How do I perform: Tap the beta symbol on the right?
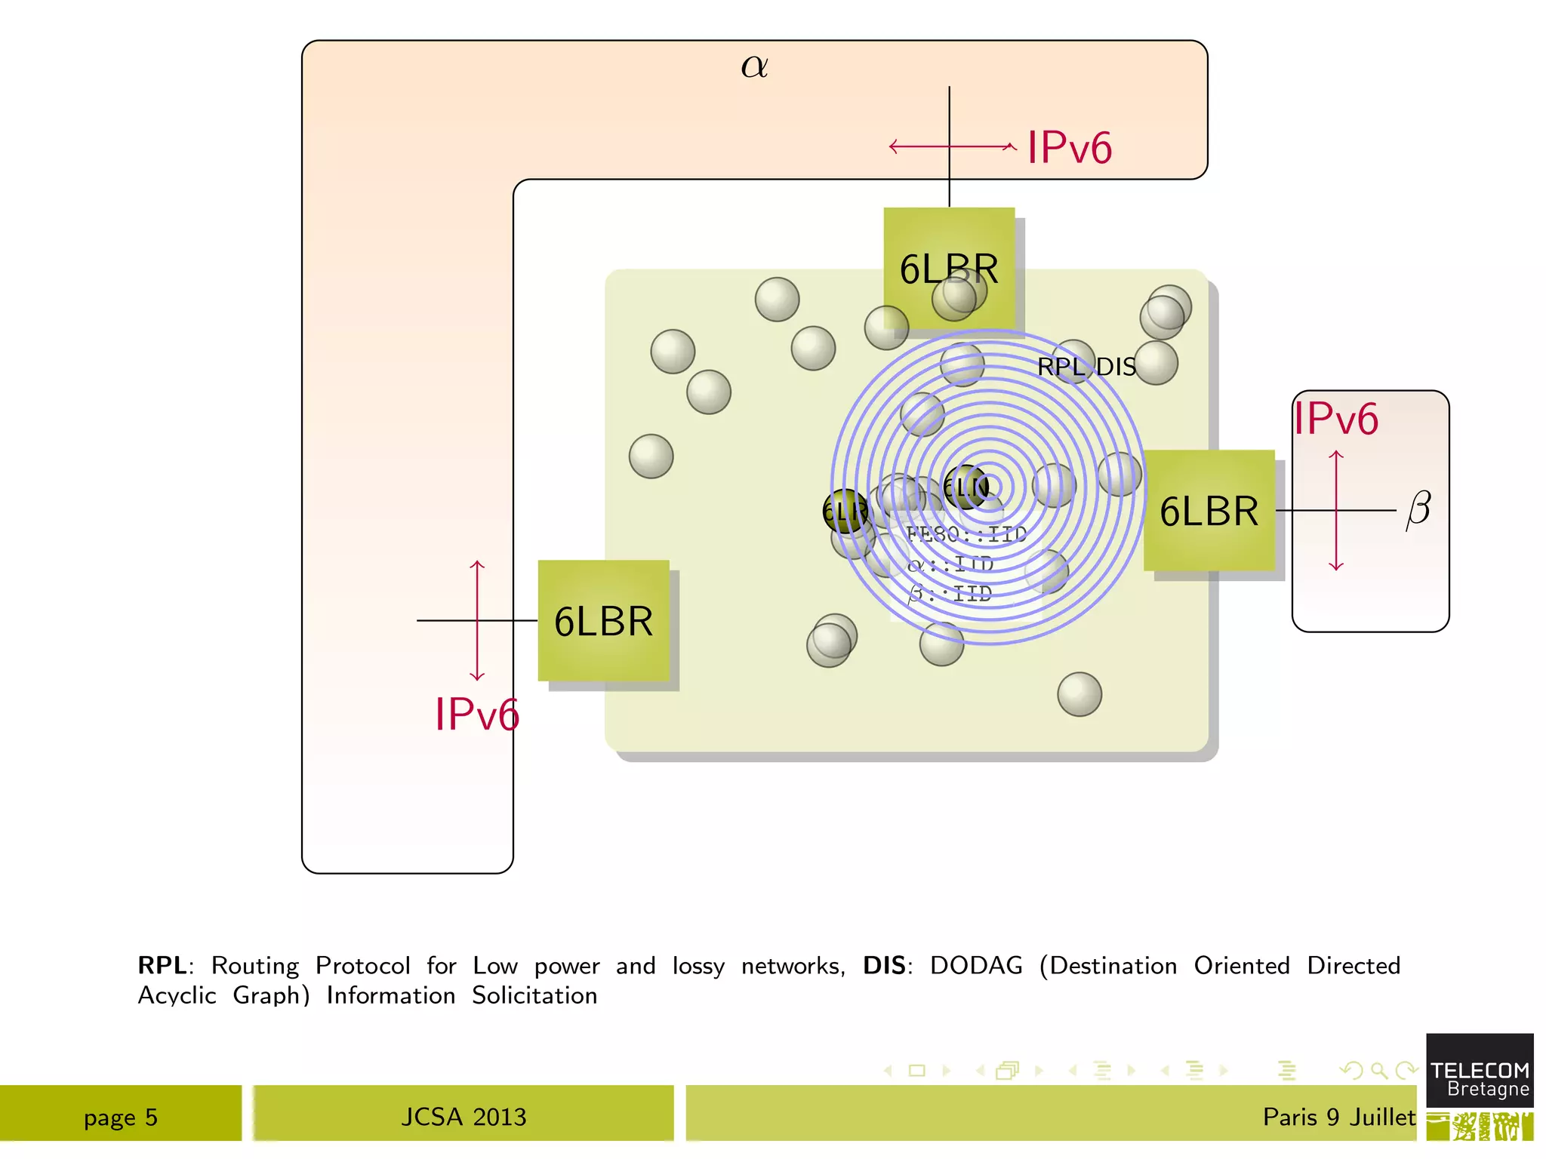[x=1418, y=510]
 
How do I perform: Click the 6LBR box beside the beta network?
[x=1209, y=511]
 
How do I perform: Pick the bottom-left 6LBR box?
[x=603, y=621]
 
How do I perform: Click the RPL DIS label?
[x=1086, y=367]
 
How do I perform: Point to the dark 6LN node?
[x=965, y=487]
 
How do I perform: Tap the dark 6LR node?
[x=845, y=512]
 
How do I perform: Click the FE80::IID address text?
[x=966, y=534]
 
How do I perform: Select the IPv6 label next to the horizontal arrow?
[x=1069, y=147]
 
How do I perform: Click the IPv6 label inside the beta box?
[x=1335, y=419]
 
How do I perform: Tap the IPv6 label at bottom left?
[x=476, y=714]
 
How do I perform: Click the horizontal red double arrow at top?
[x=953, y=146]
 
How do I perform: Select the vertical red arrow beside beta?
[x=1336, y=511]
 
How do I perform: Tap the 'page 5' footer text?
[x=121, y=1117]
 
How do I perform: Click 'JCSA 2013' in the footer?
[x=463, y=1117]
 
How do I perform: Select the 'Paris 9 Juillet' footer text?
[x=1338, y=1117]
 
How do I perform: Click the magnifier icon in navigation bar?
[x=1378, y=1070]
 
